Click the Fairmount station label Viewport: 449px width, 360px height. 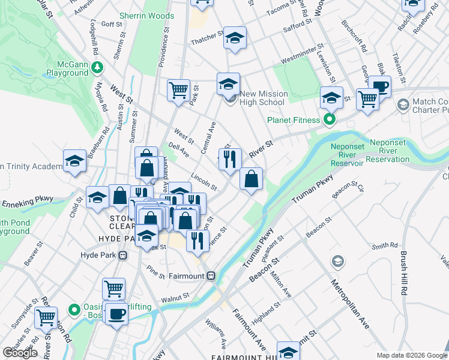pos(187,276)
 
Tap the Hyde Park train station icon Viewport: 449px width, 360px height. pos(122,255)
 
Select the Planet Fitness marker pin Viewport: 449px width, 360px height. pos(329,119)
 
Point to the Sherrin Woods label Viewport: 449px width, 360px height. pos(146,16)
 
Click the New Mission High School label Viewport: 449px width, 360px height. pos(264,98)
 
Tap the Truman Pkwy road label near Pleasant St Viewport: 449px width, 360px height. pos(258,247)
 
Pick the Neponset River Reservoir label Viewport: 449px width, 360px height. pos(348,154)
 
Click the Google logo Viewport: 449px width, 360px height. pos(20,353)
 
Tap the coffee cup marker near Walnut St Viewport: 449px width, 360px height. pos(116,313)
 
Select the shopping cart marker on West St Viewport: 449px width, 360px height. pos(178,91)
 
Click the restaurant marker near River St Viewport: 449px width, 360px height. pos(230,160)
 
